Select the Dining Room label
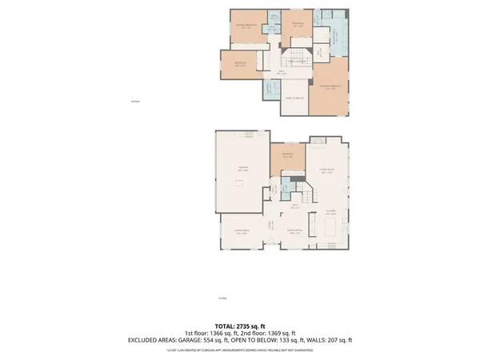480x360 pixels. pos(294,232)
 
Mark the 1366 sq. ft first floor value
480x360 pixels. pos(222,334)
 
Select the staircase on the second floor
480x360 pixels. pos(295,56)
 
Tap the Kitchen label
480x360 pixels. pos(329,211)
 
